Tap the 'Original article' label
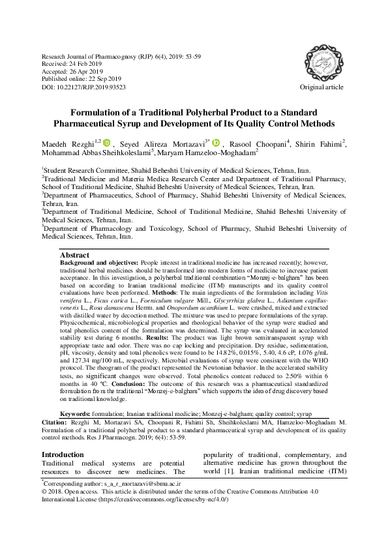(321, 87)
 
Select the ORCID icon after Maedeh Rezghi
(108, 142)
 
